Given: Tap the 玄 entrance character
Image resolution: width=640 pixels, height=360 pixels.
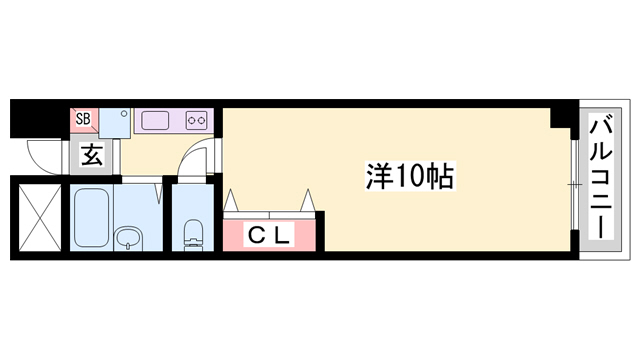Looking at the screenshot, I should point(91,156).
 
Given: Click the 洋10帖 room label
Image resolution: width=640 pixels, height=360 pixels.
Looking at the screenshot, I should point(410,179).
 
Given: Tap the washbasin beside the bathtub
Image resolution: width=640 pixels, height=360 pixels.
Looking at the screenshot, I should point(129,237).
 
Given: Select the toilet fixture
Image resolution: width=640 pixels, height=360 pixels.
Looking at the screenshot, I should point(193,237).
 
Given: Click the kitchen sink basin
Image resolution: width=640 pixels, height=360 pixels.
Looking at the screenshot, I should point(157,121).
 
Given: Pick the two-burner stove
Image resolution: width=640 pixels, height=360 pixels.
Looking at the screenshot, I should point(196,121).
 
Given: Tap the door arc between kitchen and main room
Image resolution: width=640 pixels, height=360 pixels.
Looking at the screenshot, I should point(197,160).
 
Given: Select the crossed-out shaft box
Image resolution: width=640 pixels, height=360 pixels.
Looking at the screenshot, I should point(40,217).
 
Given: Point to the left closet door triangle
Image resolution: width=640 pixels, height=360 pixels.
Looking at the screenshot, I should point(232,199).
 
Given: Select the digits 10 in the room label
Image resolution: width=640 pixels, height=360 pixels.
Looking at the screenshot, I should point(410,179).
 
